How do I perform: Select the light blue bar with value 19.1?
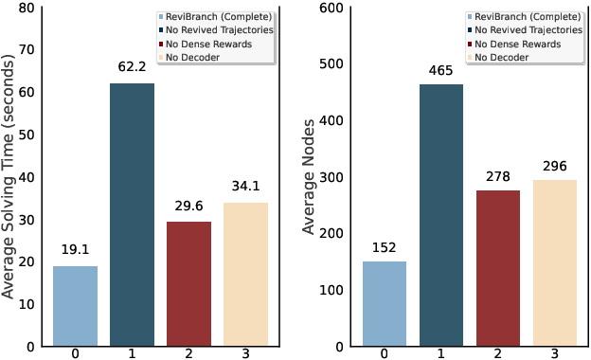[x=75, y=306]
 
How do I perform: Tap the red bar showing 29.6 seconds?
[x=188, y=283]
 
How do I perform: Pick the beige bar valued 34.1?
[x=245, y=274]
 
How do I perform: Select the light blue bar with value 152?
[x=385, y=303]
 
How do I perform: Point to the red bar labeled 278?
[x=498, y=268]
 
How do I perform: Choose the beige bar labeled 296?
[x=555, y=262]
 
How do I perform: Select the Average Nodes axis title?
[x=309, y=176]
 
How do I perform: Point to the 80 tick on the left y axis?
[x=27, y=9]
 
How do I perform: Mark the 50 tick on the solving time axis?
[x=27, y=135]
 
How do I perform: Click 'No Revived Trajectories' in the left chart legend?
[x=222, y=30]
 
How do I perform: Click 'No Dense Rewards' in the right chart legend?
[x=517, y=44]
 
